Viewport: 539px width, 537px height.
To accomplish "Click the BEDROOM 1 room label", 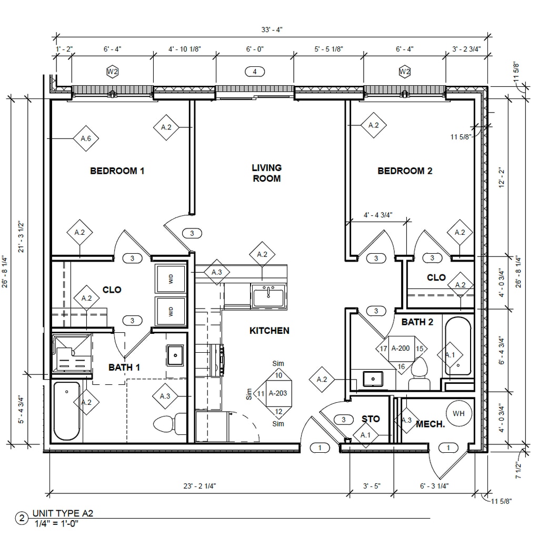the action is click(x=117, y=171).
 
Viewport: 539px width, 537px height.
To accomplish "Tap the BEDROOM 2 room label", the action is click(x=405, y=171).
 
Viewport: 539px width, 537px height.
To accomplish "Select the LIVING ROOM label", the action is click(x=267, y=173).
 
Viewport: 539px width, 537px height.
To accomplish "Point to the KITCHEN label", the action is click(x=269, y=331).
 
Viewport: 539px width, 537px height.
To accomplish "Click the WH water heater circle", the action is click(x=458, y=414).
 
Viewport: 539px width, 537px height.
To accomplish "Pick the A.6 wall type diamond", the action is click(x=86, y=138).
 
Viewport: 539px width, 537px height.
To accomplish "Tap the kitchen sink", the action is click(x=268, y=296).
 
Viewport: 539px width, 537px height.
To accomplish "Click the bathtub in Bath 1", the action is click(x=67, y=411).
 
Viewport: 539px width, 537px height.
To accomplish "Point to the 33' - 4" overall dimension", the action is click(x=272, y=30).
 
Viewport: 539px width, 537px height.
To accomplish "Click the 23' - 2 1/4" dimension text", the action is click(x=199, y=486).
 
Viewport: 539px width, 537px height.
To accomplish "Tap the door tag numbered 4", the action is click(x=255, y=72).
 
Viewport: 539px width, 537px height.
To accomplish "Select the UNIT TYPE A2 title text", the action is click(x=63, y=513).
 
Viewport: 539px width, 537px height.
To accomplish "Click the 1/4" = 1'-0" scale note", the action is click(x=57, y=524).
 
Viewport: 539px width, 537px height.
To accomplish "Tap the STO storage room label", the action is click(x=371, y=419).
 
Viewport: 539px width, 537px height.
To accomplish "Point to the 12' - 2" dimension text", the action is click(x=502, y=177).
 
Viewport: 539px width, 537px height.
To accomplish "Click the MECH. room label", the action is click(x=431, y=424).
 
